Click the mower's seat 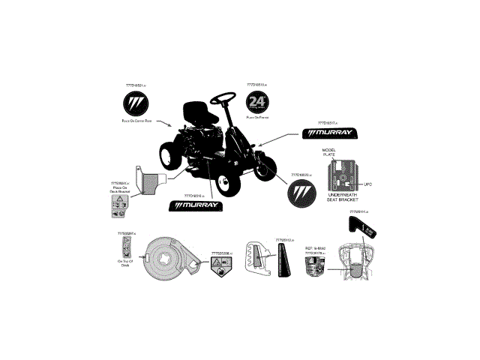(199, 112)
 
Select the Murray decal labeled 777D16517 (331, 133)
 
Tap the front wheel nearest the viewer (223, 181)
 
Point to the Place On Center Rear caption (137, 121)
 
